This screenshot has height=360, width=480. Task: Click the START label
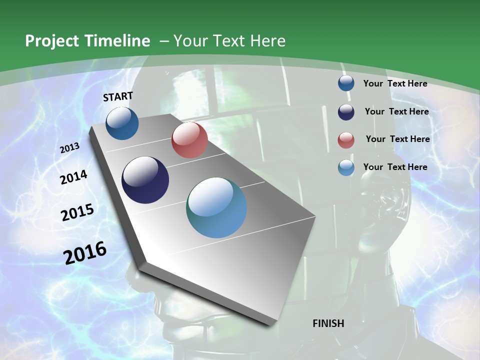[118, 96]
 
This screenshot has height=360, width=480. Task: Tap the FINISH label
[328, 323]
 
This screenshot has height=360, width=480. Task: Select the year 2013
[70, 148]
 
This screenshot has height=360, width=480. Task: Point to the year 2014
[74, 177]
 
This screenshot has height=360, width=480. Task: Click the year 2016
[85, 252]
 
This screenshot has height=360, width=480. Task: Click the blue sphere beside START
[122, 123]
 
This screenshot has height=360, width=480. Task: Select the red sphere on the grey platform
[189, 140]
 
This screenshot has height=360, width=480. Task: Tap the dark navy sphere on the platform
[145, 180]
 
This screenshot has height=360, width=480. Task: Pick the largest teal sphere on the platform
[216, 207]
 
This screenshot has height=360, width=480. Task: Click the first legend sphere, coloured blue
[346, 83]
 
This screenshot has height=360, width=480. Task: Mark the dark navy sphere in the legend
[346, 111]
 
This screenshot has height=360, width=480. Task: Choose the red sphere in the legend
[346, 140]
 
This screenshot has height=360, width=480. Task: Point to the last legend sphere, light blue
[346, 167]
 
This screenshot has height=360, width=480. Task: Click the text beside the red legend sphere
[397, 139]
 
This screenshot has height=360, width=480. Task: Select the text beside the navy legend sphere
[396, 111]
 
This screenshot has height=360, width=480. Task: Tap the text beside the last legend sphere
[395, 167]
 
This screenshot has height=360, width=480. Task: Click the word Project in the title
[52, 41]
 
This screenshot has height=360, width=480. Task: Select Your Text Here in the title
[229, 41]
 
